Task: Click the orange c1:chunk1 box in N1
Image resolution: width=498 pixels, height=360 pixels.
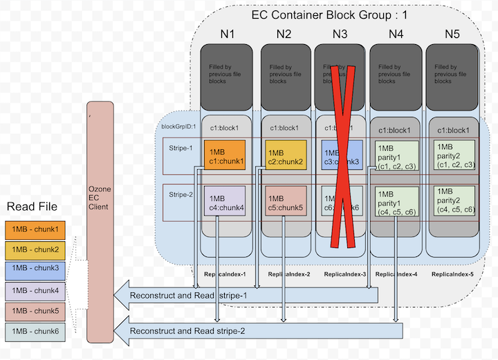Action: (225, 157)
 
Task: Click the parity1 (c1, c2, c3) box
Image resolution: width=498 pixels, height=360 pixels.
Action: (396, 157)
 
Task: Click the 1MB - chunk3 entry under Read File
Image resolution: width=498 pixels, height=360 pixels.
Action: (33, 267)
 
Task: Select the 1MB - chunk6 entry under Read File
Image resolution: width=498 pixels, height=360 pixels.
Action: (33, 331)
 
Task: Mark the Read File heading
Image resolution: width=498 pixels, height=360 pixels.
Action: (33, 207)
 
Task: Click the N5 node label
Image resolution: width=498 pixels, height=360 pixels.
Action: (452, 32)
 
